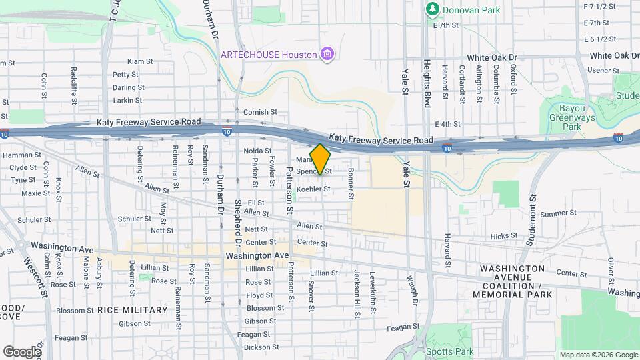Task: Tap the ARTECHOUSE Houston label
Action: click(269, 53)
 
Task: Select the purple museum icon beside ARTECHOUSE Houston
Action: click(327, 53)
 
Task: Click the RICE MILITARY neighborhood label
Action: click(133, 310)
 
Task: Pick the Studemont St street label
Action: click(532, 221)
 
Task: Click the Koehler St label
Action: click(313, 190)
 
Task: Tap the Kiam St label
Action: click(140, 61)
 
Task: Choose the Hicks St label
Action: click(504, 236)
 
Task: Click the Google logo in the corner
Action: click(22, 351)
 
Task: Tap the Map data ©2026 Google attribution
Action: click(598, 355)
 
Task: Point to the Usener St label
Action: click(603, 71)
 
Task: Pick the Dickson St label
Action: click(259, 347)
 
